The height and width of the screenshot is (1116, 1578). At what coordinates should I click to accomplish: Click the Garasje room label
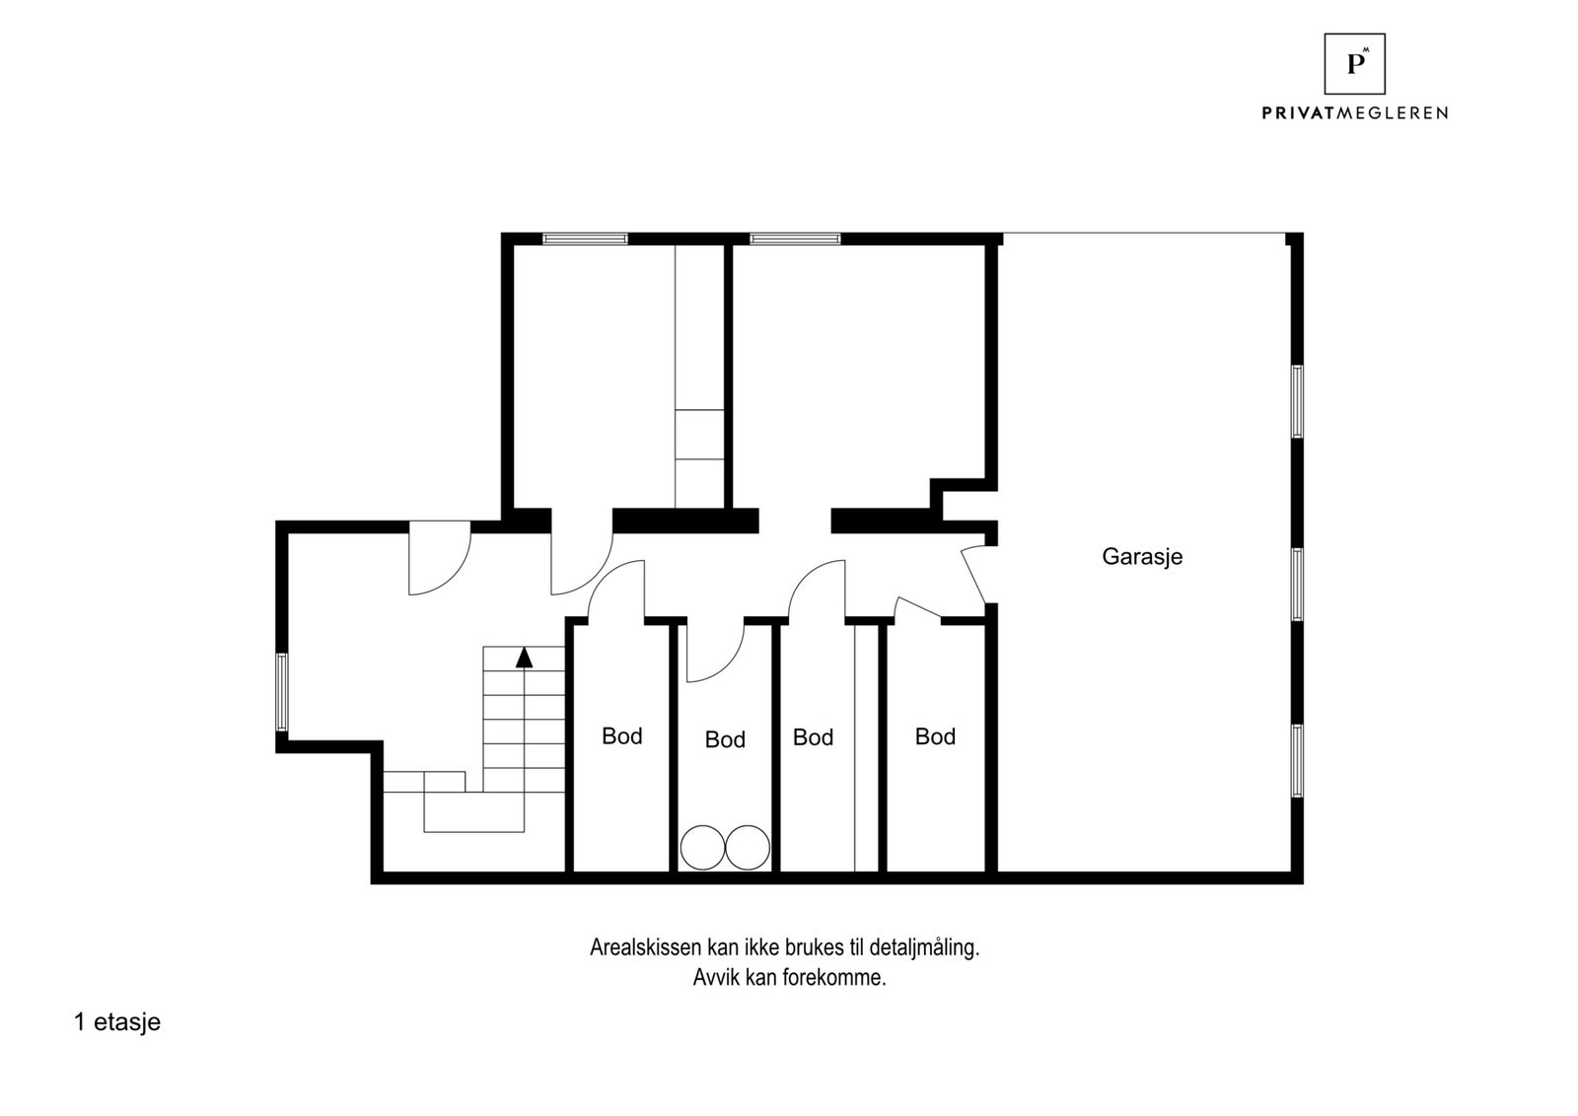click(1141, 556)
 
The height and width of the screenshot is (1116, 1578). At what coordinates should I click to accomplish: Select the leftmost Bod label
click(621, 735)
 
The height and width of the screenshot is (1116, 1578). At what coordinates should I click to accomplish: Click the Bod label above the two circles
click(725, 739)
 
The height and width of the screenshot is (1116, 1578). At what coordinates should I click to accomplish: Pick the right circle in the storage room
click(748, 847)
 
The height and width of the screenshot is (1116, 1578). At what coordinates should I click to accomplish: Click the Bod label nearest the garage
click(935, 736)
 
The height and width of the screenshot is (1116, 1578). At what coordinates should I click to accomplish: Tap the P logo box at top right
click(1354, 64)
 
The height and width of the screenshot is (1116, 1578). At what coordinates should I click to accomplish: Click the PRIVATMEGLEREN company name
click(1354, 113)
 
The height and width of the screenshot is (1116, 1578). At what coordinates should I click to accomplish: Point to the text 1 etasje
click(116, 1022)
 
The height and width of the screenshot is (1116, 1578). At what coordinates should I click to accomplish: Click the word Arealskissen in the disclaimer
click(646, 948)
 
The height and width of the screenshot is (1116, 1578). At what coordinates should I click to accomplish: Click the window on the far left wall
click(282, 692)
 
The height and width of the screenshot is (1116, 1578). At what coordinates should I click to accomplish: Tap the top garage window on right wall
click(1297, 400)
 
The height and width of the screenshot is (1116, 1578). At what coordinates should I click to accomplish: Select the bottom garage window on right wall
click(1297, 760)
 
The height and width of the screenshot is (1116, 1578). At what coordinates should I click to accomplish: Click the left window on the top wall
click(585, 239)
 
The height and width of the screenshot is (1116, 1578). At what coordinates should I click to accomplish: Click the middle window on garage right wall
click(1297, 584)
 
